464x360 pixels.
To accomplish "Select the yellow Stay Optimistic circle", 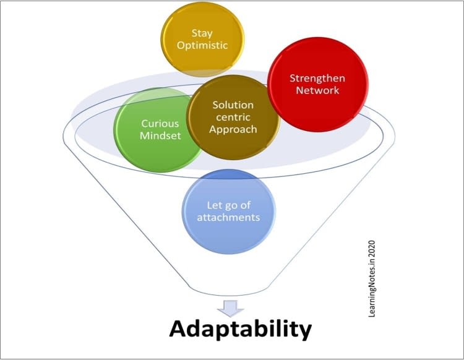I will click(202, 38).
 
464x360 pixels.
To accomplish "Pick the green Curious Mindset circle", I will click(156, 130).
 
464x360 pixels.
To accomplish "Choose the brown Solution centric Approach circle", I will click(233, 117).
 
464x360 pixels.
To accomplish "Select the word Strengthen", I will click(318, 79).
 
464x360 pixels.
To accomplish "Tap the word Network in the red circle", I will click(318, 91).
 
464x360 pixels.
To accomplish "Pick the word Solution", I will click(233, 105).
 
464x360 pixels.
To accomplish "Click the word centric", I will click(233, 117).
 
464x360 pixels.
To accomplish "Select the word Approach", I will click(233, 129).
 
